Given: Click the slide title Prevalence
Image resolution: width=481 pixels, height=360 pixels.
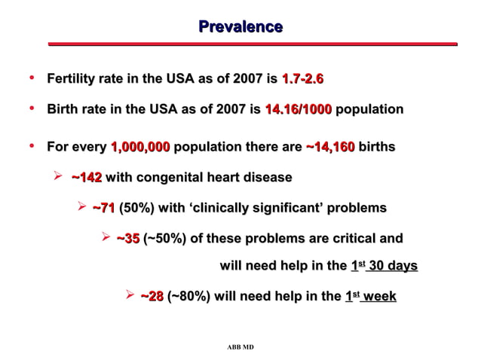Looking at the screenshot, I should point(240,27).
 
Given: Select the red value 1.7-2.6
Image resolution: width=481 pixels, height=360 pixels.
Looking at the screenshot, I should point(302,79).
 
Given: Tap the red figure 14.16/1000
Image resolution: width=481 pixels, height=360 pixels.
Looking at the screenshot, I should point(298,109).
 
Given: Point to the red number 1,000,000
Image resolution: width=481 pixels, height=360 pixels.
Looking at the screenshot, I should point(140,147).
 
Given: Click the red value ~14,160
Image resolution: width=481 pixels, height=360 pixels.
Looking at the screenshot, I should point(330,147).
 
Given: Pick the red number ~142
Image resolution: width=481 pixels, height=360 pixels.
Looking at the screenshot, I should point(86,178).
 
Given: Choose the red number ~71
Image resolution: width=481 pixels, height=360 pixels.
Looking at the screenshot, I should point(103,208).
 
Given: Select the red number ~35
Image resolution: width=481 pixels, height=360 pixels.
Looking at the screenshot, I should point(127,239).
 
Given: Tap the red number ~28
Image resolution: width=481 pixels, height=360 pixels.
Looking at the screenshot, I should point(152,297).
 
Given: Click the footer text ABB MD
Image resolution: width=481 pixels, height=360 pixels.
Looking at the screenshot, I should point(240,347).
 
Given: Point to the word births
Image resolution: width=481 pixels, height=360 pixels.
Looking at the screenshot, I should point(376,147).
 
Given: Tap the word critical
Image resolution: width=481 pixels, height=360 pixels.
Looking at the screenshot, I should point(347,239).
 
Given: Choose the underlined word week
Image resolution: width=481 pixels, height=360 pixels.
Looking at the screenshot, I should point(378,297).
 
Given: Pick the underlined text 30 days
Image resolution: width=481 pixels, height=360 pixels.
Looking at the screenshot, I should point(391,266).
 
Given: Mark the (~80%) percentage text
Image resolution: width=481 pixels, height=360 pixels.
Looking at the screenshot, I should point(188,297).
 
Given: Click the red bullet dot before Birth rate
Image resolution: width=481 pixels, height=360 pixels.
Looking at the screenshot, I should point(32,108).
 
